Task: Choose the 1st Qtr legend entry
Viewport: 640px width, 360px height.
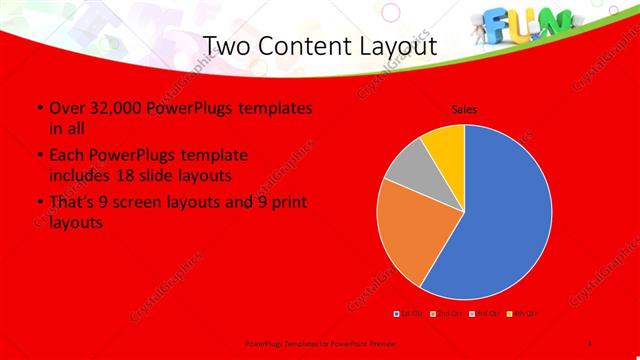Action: (410, 314)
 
